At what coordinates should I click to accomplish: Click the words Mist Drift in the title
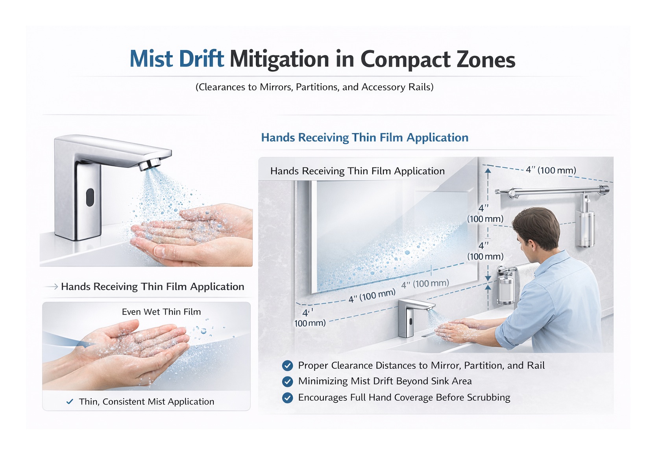click(177, 59)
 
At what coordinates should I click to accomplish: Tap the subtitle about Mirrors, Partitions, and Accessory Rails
click(314, 87)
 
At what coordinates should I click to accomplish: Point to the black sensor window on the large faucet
click(90, 197)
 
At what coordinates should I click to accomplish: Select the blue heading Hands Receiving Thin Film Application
click(364, 138)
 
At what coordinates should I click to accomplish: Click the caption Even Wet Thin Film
click(161, 312)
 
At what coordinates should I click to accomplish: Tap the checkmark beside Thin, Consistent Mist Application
click(70, 401)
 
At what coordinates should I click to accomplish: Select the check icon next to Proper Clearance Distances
click(287, 366)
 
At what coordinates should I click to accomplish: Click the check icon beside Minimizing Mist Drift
click(287, 381)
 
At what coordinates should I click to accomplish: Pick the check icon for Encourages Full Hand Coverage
click(287, 398)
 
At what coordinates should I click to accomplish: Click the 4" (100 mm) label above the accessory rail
click(551, 170)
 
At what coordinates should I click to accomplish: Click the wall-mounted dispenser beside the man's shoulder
click(506, 286)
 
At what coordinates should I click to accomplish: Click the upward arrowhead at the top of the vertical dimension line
click(488, 171)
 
